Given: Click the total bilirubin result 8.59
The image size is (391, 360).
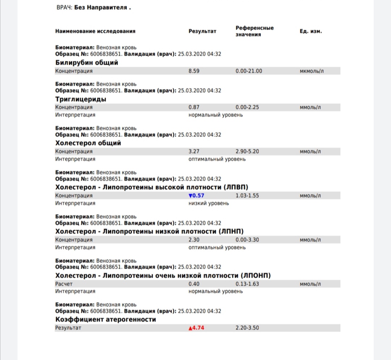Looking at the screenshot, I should point(194,71).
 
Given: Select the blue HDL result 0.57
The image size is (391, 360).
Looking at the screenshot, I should point(197,196).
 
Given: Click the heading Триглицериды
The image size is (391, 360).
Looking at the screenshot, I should point(81,99).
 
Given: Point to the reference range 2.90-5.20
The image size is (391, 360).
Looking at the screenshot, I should point(247,151).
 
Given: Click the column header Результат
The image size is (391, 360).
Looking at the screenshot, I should point(202,31).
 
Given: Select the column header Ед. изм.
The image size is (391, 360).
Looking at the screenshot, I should point(311,31).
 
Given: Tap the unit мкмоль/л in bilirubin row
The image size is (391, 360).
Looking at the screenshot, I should point(312,71).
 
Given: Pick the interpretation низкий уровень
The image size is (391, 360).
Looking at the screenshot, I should point(209,203).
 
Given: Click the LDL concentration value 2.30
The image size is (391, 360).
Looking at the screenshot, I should point(194,240).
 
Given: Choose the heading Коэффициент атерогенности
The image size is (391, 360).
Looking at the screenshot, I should point(106,319).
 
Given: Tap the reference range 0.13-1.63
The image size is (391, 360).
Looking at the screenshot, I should point(247,284).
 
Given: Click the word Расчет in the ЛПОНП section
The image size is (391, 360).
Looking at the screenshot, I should point(64,284).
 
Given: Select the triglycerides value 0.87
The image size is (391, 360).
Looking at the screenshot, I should point(194,107).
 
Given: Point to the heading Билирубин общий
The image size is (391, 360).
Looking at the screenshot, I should point(87,63).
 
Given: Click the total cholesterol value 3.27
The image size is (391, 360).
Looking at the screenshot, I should point(194,151).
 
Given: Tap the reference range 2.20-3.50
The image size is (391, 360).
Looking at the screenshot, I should point(247,328).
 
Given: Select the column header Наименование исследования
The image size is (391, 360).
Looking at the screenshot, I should point(95,31).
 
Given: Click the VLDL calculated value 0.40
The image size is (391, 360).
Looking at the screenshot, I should point(194,284).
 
